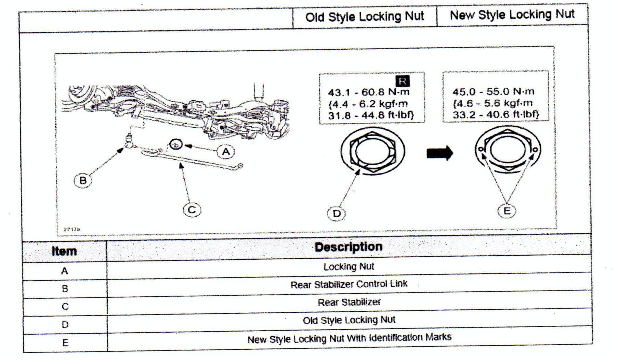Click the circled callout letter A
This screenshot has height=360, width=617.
point(226,152)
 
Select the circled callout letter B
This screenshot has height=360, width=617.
point(83,180)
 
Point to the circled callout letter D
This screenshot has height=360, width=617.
point(337,214)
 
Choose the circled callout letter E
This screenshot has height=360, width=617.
point(507,211)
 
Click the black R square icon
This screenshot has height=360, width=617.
point(402,81)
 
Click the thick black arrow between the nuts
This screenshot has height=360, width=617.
point(440,153)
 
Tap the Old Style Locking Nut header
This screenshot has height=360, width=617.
point(365,17)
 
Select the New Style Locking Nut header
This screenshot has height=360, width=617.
point(512,15)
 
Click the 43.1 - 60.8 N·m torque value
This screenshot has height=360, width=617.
point(368,92)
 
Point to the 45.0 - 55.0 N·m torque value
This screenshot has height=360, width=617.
point(493,92)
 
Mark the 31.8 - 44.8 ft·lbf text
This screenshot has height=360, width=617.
point(371,115)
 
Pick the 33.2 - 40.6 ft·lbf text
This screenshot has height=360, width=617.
point(496,114)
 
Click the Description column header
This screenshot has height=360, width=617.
point(349,247)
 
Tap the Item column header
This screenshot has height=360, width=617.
point(64,251)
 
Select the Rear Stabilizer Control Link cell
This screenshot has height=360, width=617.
point(349,284)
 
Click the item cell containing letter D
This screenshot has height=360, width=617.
point(65,324)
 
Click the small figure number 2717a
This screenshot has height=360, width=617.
point(72,229)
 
